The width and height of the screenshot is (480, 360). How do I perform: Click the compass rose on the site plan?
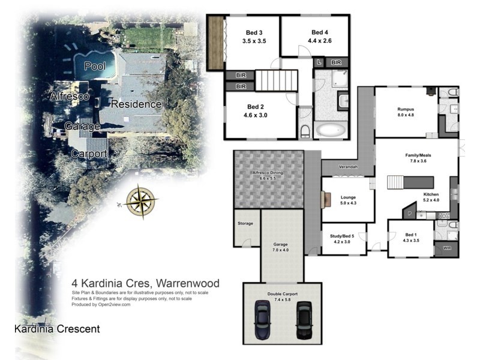pos(142,200)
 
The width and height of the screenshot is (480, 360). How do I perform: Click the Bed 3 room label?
pos(254,37)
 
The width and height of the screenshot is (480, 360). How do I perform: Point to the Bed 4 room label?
pos(320,37)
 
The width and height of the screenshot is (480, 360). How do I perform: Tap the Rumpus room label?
pos(406,112)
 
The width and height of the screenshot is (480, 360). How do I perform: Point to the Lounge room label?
pos(348,199)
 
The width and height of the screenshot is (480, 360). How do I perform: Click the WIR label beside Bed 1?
pos(446,248)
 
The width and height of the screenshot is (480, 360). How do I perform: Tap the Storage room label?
pos(245,223)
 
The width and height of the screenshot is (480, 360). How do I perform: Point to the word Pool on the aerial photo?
pos(95,66)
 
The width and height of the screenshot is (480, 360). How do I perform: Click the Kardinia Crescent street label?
pos(57,329)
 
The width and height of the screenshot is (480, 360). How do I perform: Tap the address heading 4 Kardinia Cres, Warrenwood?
pos(145,283)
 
